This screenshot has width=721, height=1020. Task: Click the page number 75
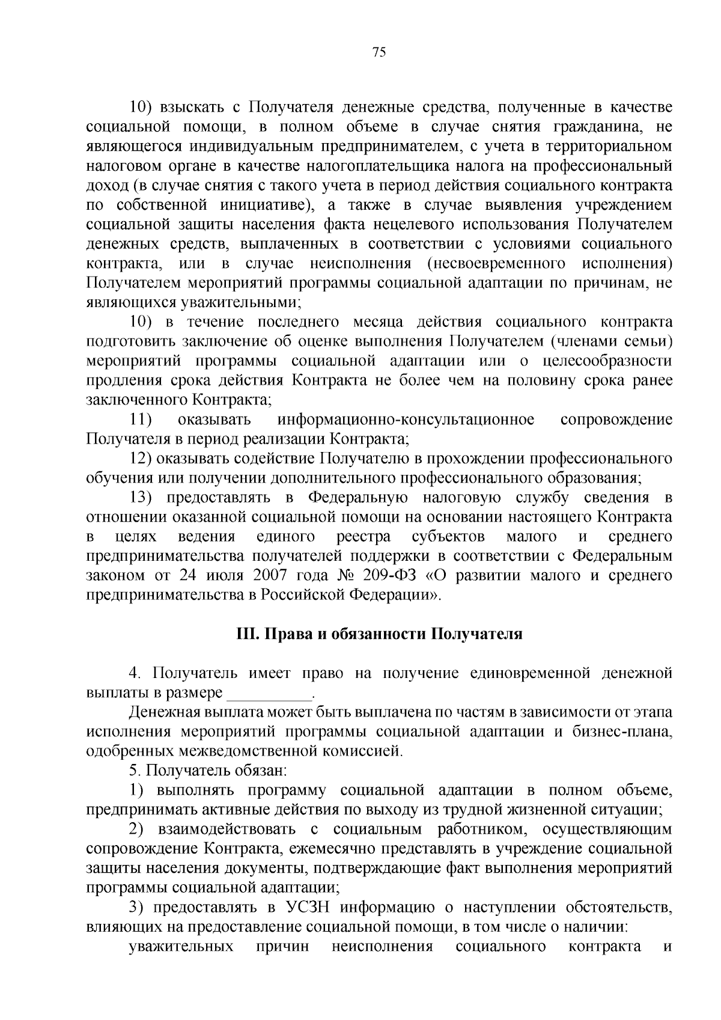379,52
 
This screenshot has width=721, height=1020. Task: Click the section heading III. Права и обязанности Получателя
379,634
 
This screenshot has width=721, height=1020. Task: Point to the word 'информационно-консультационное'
406,419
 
